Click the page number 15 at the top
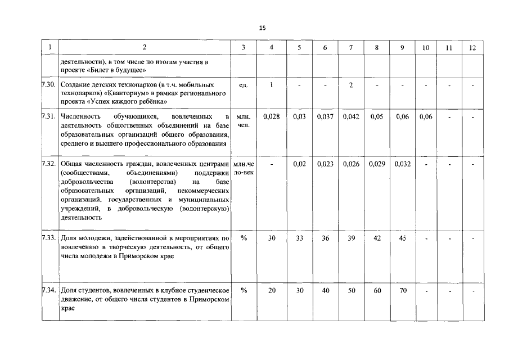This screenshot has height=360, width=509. pos(263,28)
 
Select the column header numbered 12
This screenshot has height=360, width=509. pos(472,48)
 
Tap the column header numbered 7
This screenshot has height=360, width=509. pos(351,48)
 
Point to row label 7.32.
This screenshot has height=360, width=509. pos(49,164)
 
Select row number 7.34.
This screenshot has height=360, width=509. pos(49,290)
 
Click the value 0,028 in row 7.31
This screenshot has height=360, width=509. pos(272,116)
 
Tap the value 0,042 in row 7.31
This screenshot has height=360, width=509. pos(351,116)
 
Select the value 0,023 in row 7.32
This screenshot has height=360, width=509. pos(325,164)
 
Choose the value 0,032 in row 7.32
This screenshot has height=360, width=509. pos(403,164)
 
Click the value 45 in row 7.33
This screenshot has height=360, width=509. pos(403,238)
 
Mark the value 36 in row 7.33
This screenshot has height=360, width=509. pos(325,238)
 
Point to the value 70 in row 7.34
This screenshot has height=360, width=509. pos(403,290)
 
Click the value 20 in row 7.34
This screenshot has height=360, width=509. pos(272,290)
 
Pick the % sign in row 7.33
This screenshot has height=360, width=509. pos(244,238)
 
